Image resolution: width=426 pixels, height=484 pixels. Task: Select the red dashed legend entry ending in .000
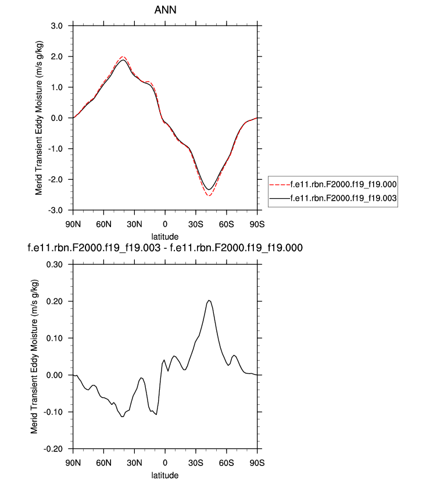(x=332, y=184)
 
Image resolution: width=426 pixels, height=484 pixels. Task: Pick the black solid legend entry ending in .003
(x=332, y=198)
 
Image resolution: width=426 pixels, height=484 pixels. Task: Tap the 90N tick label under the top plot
(x=73, y=224)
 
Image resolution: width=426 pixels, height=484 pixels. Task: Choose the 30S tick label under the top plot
(x=196, y=224)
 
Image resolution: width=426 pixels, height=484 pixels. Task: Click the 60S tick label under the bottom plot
(x=227, y=463)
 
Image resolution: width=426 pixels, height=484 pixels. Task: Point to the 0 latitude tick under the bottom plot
(x=165, y=463)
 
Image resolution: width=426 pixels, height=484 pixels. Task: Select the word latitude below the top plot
(x=164, y=236)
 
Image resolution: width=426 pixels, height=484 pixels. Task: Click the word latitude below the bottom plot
(x=164, y=475)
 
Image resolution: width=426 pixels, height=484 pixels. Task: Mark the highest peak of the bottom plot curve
(x=209, y=300)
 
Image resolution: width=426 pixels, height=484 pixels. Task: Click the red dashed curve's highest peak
(x=123, y=57)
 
